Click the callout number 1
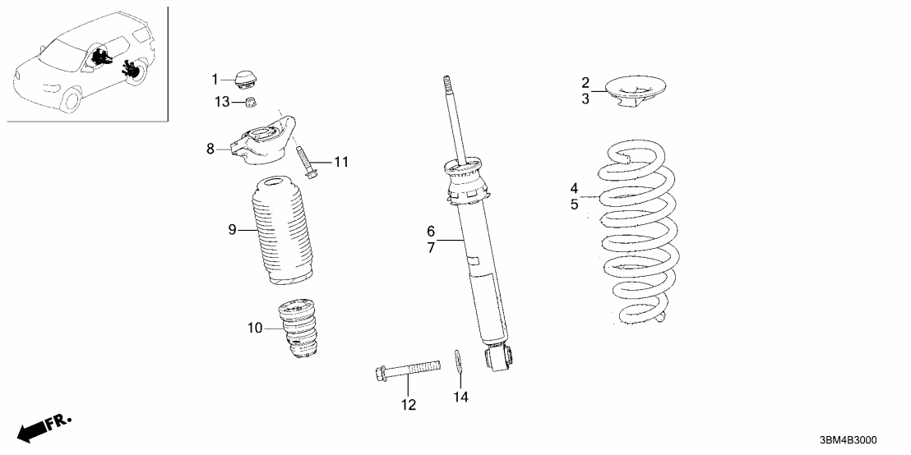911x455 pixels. point(215,80)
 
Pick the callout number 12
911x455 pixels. point(409,404)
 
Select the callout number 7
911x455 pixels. point(430,247)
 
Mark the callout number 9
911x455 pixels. point(232,230)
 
